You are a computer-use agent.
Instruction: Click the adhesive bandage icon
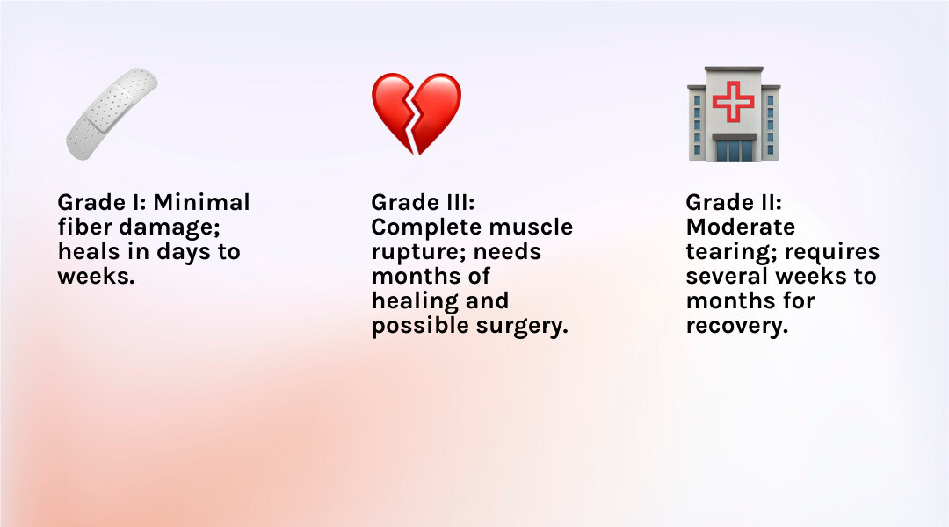point(112,114)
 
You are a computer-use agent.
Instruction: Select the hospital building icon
point(734,114)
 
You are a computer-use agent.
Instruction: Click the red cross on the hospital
point(734,101)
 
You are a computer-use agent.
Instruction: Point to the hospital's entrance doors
point(734,150)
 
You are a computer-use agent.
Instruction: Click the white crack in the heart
point(414,115)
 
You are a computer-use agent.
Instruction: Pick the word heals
point(89,252)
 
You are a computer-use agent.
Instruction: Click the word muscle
point(531,227)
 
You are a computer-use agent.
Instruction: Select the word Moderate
point(741,227)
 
